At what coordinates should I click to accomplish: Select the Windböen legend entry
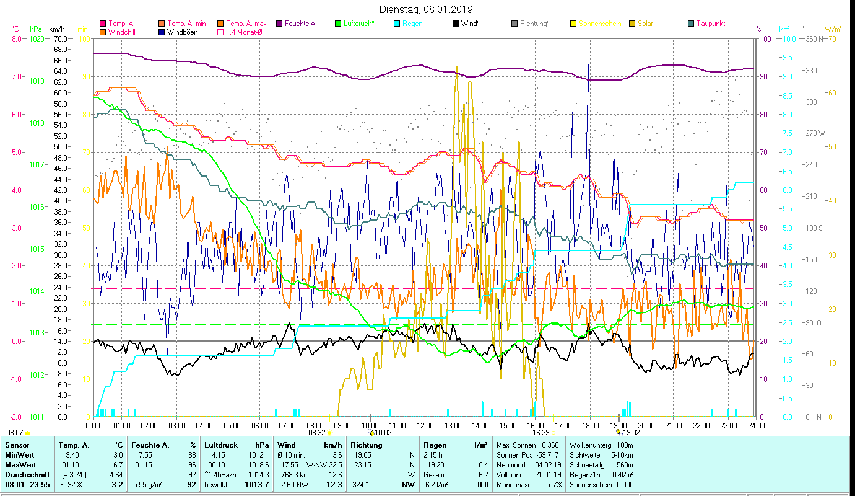(182, 32)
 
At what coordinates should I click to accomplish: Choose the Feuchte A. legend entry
(302, 24)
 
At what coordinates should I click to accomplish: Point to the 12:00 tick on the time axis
(425, 425)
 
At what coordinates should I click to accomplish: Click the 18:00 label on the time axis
(591, 425)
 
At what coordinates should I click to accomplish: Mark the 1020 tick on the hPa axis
(37, 39)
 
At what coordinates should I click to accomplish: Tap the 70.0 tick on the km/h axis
(59, 39)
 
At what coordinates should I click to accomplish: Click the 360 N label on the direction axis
(813, 39)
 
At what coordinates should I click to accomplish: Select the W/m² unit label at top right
(833, 29)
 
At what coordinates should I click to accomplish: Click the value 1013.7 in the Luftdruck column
(256, 484)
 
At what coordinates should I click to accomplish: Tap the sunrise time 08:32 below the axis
(316, 433)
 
